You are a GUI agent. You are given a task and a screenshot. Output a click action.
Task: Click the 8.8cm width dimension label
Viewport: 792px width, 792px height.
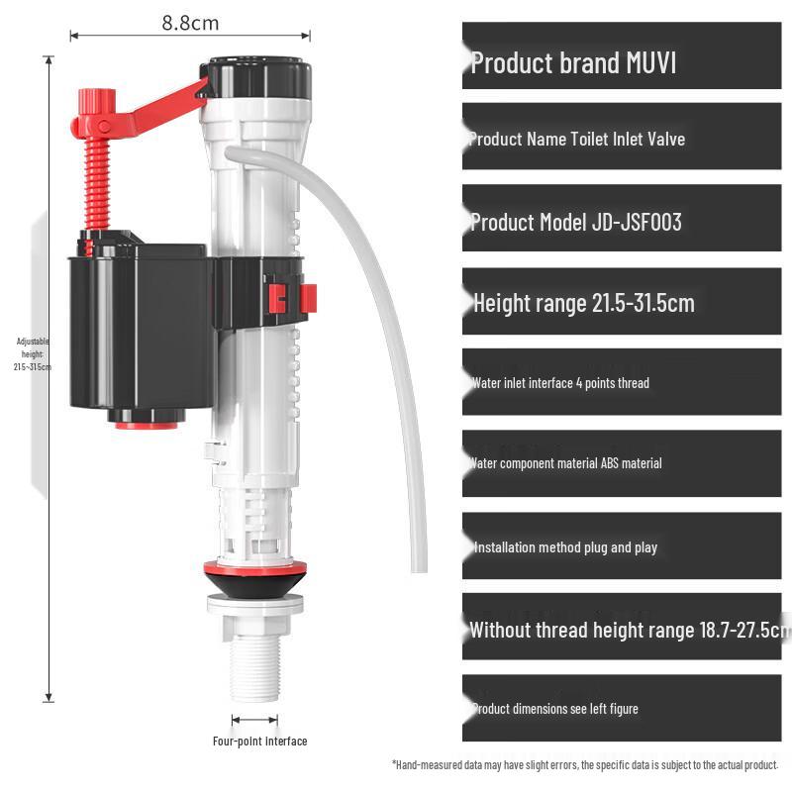tap(190, 22)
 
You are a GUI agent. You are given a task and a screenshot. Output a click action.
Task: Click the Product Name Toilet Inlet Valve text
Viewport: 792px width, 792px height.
tap(576, 140)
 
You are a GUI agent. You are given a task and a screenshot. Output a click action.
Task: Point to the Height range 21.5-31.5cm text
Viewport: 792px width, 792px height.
tap(583, 303)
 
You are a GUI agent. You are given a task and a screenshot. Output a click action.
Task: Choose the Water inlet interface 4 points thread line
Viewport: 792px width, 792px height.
tap(560, 382)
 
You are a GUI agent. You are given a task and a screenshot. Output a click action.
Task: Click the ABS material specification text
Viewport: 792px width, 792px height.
tap(565, 463)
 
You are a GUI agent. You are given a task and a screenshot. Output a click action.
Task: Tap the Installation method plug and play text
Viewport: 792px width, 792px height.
tap(564, 547)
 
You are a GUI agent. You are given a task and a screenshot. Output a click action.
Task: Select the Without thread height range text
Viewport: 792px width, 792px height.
tap(628, 630)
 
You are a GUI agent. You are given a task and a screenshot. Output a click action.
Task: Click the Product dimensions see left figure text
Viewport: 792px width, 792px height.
tap(554, 709)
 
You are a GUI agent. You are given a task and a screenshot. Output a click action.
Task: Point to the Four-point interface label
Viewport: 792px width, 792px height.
tap(259, 742)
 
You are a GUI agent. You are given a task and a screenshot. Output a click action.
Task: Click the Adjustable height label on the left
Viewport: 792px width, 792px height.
tap(33, 354)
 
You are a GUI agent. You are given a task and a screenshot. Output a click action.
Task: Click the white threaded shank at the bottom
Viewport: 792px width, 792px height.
tap(255, 665)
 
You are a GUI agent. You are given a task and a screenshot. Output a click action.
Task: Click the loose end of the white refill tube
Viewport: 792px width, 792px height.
tap(419, 564)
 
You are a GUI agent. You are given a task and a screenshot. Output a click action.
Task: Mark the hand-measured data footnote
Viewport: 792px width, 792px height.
tap(585, 765)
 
